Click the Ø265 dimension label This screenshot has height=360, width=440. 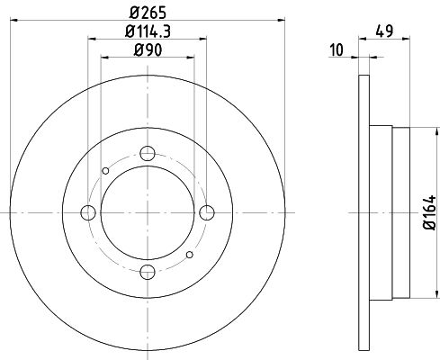click(148, 11)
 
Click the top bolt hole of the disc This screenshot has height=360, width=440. click(148, 153)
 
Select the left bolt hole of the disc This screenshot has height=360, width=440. click(88, 212)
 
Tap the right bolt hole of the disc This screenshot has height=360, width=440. click(208, 212)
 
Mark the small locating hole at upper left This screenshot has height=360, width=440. click(106, 171)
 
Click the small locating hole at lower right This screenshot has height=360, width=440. click(189, 255)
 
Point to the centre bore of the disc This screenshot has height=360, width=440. click(148, 212)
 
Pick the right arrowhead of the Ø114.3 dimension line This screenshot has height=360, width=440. click(206, 39)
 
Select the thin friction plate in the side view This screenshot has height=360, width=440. click(364, 212)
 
